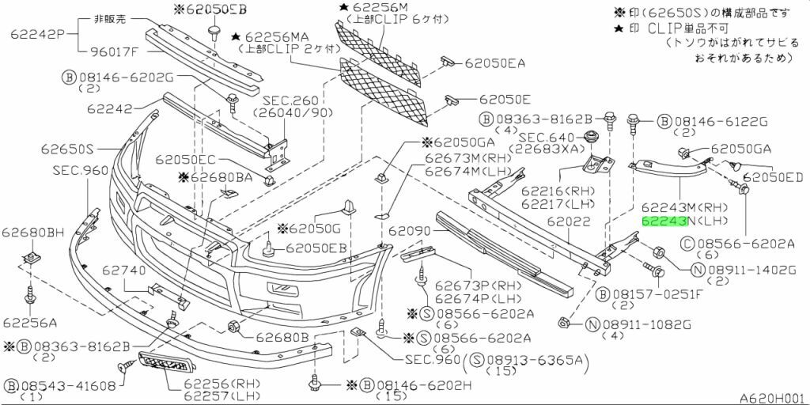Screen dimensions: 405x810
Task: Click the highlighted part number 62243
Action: pos(663,222)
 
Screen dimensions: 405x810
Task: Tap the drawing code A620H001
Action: pos(771,398)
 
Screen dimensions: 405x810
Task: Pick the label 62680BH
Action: pos(32,232)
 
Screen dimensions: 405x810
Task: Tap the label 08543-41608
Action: pos(69,385)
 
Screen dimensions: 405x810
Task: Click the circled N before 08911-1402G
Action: pos(698,270)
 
